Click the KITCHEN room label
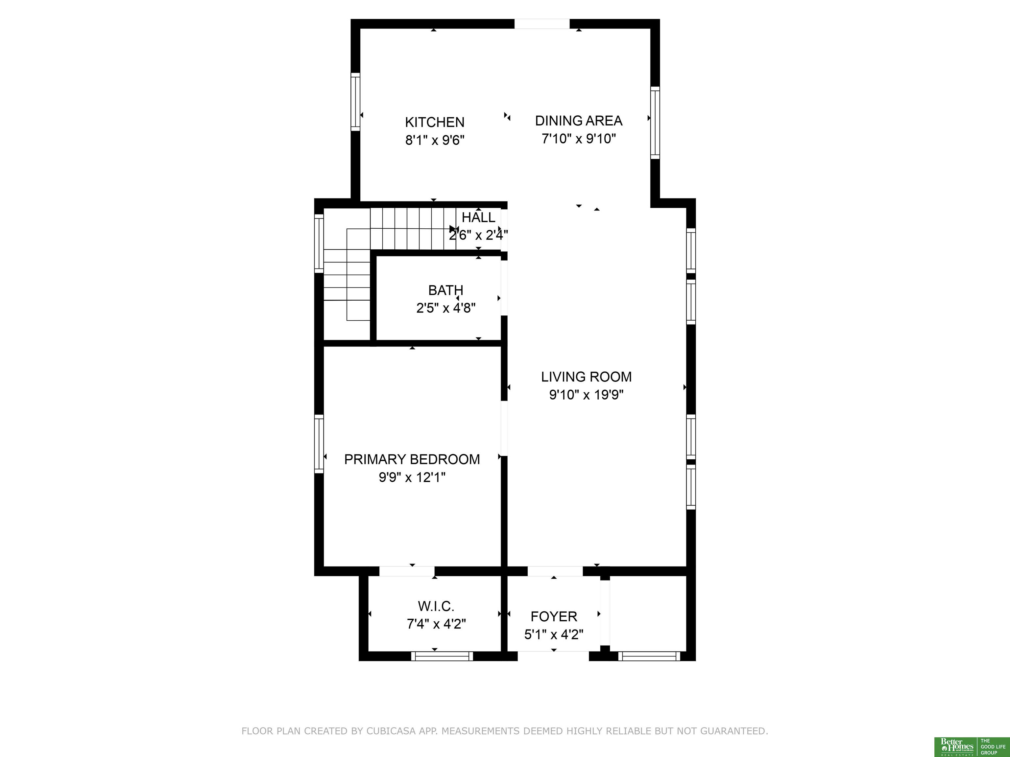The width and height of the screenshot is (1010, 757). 435,122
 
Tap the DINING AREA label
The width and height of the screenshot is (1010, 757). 579,121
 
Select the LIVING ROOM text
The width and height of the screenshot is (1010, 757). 586,377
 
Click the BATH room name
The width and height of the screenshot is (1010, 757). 445,290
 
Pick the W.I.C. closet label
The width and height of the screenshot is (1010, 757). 436,607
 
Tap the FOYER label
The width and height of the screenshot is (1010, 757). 554,616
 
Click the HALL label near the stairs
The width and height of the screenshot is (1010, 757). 478,217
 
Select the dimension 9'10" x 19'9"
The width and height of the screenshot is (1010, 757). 586,395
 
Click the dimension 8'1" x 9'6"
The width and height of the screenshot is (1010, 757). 435,140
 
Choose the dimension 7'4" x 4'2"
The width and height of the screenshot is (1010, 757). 436,624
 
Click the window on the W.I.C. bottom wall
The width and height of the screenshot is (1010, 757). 442,656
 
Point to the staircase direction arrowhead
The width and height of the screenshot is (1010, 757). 453,229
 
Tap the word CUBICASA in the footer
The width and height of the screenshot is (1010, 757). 391,731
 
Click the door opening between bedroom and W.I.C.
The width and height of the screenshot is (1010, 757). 407,571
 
